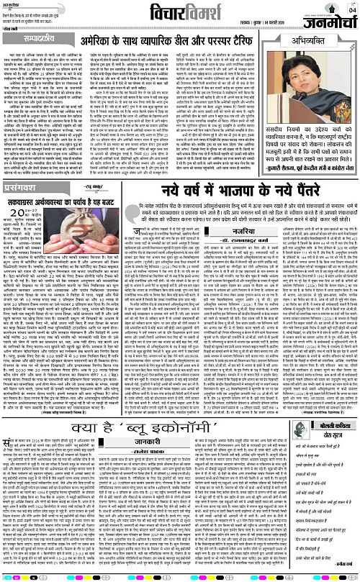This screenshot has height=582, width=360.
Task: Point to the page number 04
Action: point(351,9)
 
